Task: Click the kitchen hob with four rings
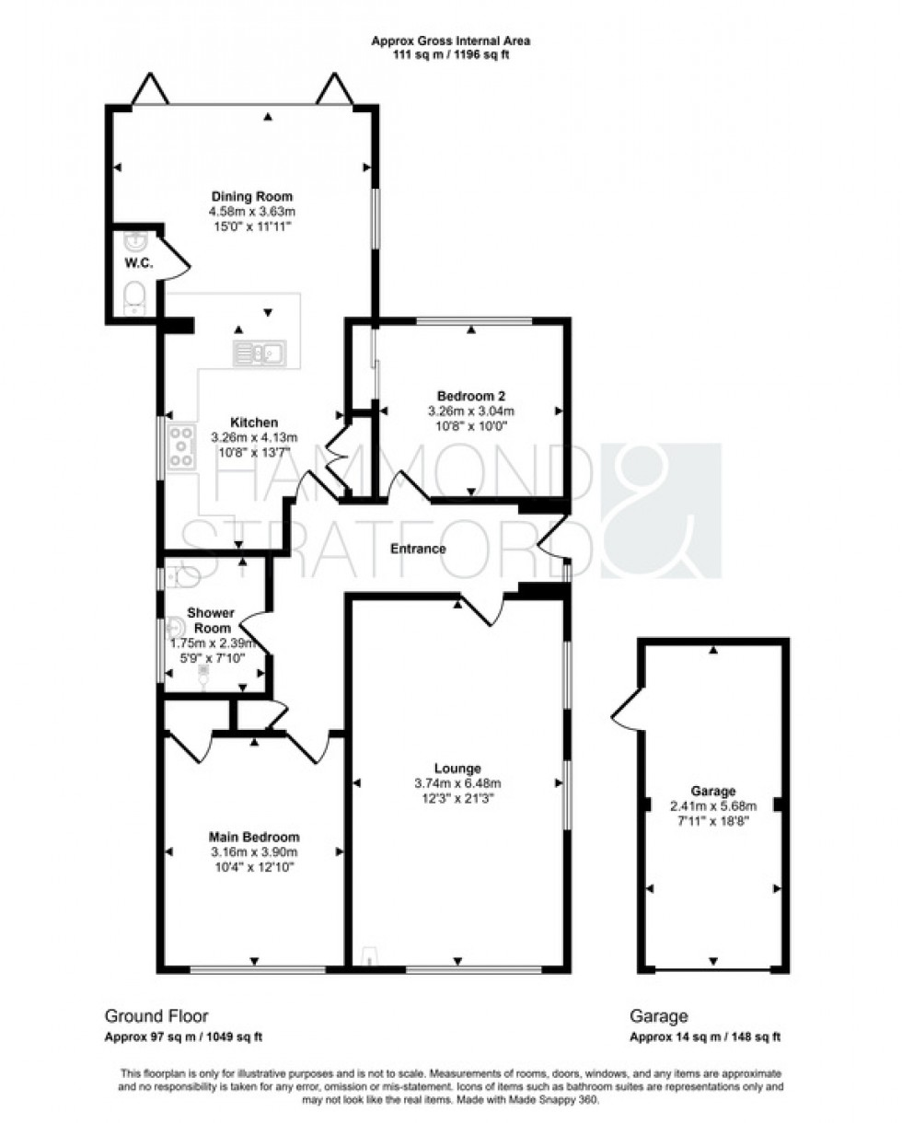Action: [181, 447]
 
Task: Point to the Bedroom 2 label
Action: [470, 396]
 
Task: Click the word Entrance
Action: [418, 549]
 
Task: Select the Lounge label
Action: [458, 769]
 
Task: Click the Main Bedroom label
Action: [254, 837]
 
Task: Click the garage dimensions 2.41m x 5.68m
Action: [713, 805]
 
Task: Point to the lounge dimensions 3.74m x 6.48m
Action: [458, 783]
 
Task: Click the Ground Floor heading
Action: [156, 1016]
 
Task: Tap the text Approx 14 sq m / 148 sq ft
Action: [705, 1037]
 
